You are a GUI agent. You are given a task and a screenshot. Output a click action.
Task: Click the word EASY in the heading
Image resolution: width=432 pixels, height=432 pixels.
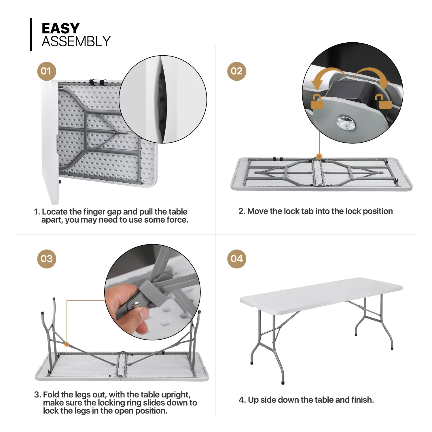coord(60,29)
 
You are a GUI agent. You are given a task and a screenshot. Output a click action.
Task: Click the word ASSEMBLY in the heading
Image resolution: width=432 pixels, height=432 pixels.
coord(76,42)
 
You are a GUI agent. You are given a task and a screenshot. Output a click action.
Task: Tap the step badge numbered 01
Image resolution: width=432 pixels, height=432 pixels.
coord(46,71)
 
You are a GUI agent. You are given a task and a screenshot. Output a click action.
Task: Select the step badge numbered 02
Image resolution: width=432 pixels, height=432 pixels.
coord(236,71)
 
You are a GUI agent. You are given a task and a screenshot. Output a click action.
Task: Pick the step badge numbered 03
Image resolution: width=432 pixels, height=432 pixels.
coord(46,259)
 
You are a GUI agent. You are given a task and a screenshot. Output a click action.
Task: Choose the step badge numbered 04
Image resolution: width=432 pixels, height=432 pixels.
coord(236,259)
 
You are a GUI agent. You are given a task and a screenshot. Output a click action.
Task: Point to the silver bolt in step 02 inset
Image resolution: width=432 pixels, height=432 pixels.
coord(346,124)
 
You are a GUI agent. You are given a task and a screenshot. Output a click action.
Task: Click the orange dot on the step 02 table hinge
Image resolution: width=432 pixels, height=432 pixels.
coord(319,156)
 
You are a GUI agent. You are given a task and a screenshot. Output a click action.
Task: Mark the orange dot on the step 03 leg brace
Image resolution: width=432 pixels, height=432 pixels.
coord(67,344)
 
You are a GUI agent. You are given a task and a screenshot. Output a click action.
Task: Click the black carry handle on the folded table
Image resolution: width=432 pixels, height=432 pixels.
coord(97,82)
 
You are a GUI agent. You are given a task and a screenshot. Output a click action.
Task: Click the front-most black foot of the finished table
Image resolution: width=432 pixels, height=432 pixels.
coord(283,383)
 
